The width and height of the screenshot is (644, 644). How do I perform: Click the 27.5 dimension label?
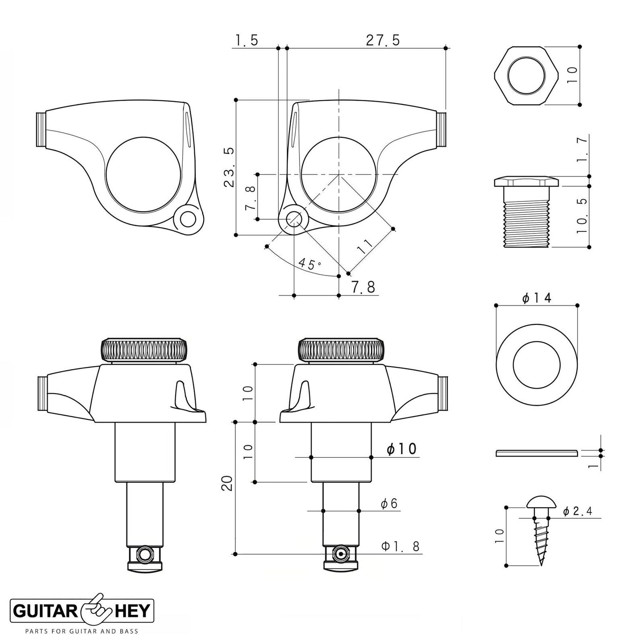[x=383, y=40]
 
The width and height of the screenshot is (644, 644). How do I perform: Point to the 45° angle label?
[x=310, y=263]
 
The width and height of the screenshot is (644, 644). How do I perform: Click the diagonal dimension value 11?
[x=365, y=246]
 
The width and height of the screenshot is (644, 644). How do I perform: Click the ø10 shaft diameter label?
[x=402, y=449]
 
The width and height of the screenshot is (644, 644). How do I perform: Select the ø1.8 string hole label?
[x=400, y=546]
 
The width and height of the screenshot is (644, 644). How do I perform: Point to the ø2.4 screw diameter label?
[x=577, y=512]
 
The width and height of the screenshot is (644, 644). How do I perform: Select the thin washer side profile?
[x=537, y=453]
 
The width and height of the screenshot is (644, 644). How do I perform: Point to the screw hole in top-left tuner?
[x=188, y=219]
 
